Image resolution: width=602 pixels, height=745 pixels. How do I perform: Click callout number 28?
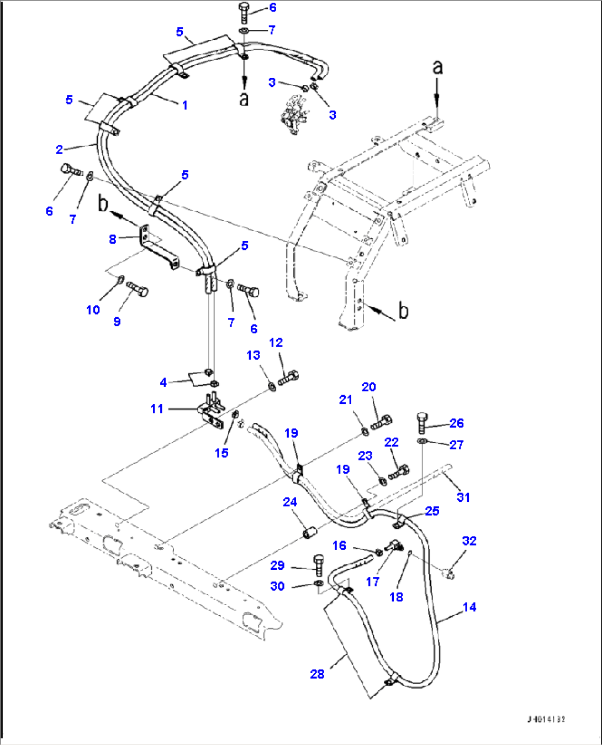(x=317, y=674)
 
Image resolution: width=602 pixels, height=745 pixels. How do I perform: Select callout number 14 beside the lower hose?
(x=469, y=607)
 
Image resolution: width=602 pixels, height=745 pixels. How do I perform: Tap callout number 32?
(x=469, y=541)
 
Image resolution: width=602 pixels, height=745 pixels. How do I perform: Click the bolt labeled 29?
(x=319, y=565)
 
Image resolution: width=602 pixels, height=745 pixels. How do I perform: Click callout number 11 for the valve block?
(x=157, y=408)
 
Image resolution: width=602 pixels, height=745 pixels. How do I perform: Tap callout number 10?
(x=93, y=309)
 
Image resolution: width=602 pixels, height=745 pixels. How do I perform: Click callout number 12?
(x=276, y=343)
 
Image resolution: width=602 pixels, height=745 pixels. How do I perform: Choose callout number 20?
(x=368, y=387)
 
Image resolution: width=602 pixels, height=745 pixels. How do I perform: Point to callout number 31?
(x=463, y=497)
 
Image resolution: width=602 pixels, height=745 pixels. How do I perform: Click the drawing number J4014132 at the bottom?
(x=546, y=719)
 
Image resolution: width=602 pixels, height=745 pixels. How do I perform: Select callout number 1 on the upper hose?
(x=184, y=105)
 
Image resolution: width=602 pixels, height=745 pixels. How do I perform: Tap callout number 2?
(x=59, y=149)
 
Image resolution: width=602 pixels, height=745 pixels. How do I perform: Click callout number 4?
(x=163, y=382)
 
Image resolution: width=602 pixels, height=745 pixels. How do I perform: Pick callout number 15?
(x=221, y=453)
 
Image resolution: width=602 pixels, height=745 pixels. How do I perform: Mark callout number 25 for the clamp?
(x=432, y=511)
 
